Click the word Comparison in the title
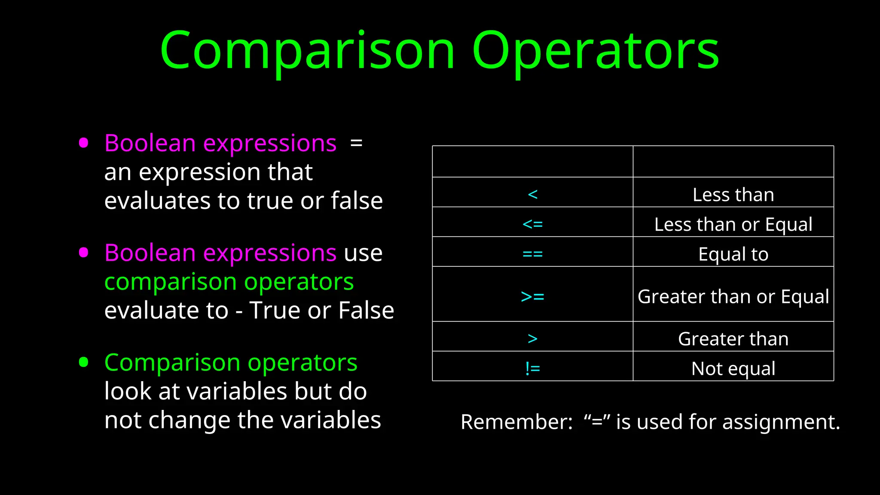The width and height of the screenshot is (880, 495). (307, 51)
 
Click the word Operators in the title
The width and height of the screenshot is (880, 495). (595, 51)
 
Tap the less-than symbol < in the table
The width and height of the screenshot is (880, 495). (532, 195)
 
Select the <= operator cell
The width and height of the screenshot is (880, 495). (532, 224)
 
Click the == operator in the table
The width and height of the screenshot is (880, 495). (532, 254)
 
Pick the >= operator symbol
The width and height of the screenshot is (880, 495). (532, 296)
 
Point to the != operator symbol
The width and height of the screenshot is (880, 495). (532, 369)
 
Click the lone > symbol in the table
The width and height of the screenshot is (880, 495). (532, 339)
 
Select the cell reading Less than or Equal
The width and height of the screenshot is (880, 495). (733, 224)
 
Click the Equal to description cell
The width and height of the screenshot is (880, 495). (733, 254)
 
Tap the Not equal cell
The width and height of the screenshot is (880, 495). (733, 369)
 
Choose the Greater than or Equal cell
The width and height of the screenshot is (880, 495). (733, 296)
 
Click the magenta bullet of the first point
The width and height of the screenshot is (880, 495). (84, 143)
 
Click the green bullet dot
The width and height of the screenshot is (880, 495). (84, 362)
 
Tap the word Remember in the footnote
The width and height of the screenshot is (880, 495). (516, 422)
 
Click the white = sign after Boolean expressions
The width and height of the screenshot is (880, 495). (356, 143)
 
